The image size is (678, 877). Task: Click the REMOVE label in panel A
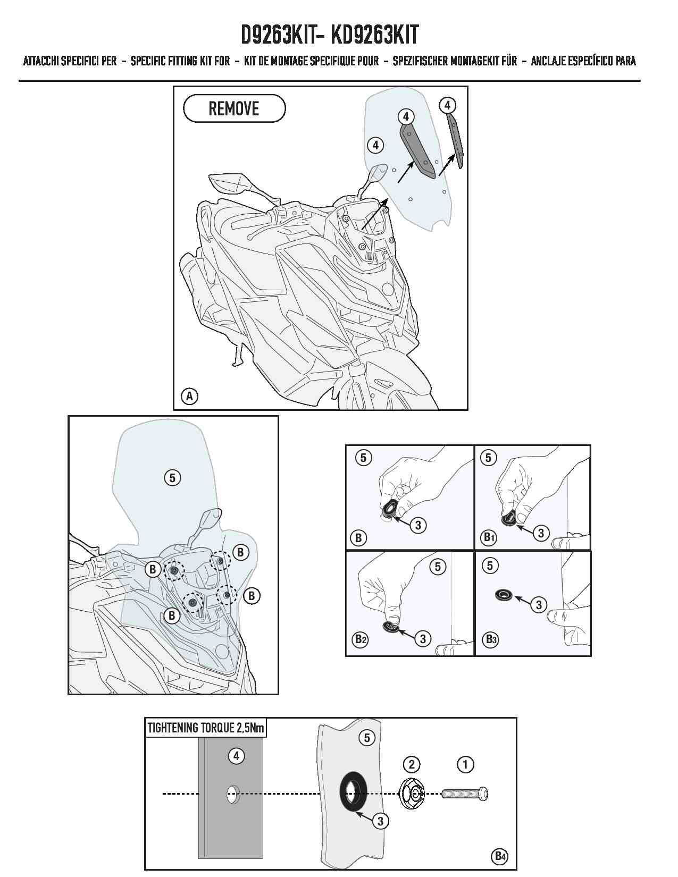pyautogui.click(x=234, y=108)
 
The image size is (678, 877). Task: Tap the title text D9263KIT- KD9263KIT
pyautogui.click(x=330, y=35)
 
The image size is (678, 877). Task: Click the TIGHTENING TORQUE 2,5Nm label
pyautogui.click(x=206, y=728)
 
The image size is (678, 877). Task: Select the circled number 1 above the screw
pyautogui.click(x=465, y=764)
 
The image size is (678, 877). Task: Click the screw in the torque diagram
pyautogui.click(x=465, y=794)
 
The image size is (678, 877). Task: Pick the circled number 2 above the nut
pyautogui.click(x=412, y=764)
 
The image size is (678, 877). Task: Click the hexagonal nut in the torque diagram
pyautogui.click(x=412, y=794)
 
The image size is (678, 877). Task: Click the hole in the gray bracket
pyautogui.click(x=233, y=794)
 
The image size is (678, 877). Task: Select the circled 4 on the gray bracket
pyautogui.click(x=236, y=756)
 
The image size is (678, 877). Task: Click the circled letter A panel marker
pyautogui.click(x=189, y=396)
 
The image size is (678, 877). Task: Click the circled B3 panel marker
pyautogui.click(x=490, y=639)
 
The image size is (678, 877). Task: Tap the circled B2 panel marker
pyautogui.click(x=360, y=639)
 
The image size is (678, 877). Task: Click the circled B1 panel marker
pyautogui.click(x=489, y=537)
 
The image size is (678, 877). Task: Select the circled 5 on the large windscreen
pyautogui.click(x=172, y=478)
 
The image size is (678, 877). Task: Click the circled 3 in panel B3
pyautogui.click(x=538, y=605)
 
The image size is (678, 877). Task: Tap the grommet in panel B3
pyautogui.click(x=504, y=594)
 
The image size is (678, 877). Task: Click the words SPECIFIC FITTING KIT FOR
pyautogui.click(x=180, y=61)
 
